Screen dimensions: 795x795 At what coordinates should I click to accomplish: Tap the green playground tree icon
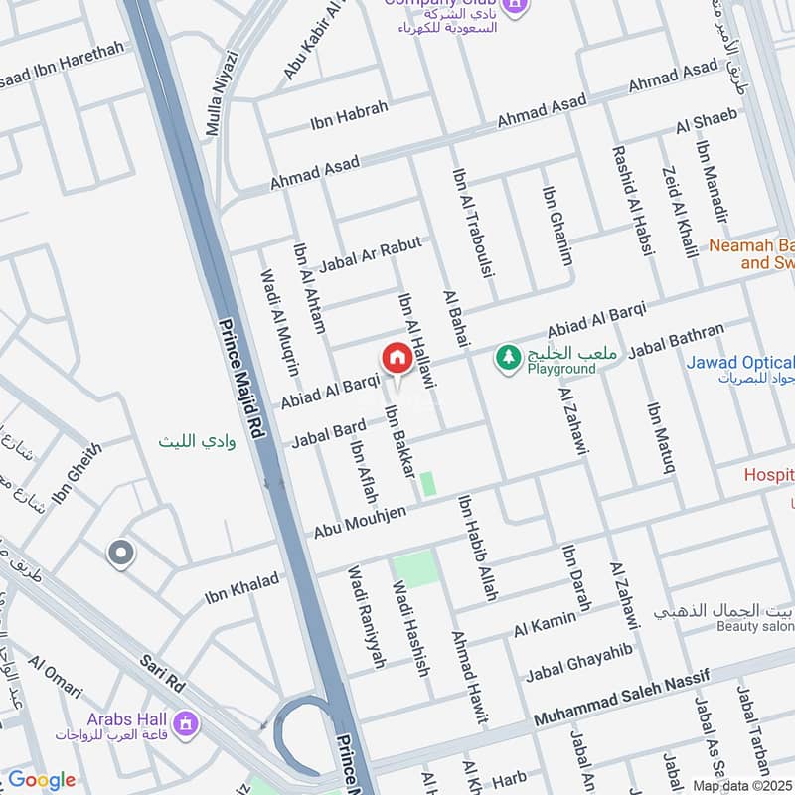click(x=509, y=357)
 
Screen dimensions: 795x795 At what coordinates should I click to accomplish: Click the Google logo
click(x=41, y=780)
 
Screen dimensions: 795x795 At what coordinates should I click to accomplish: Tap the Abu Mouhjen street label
click(x=359, y=522)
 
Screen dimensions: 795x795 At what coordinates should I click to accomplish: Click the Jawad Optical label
click(x=740, y=363)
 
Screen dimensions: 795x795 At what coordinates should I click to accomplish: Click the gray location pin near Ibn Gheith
click(x=120, y=553)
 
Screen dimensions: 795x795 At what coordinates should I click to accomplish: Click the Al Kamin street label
click(x=545, y=626)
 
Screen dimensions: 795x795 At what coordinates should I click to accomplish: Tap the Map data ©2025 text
click(x=742, y=785)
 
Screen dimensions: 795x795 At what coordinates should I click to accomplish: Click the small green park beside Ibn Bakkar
click(x=427, y=484)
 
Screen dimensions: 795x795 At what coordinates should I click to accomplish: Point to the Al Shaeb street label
click(x=707, y=121)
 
